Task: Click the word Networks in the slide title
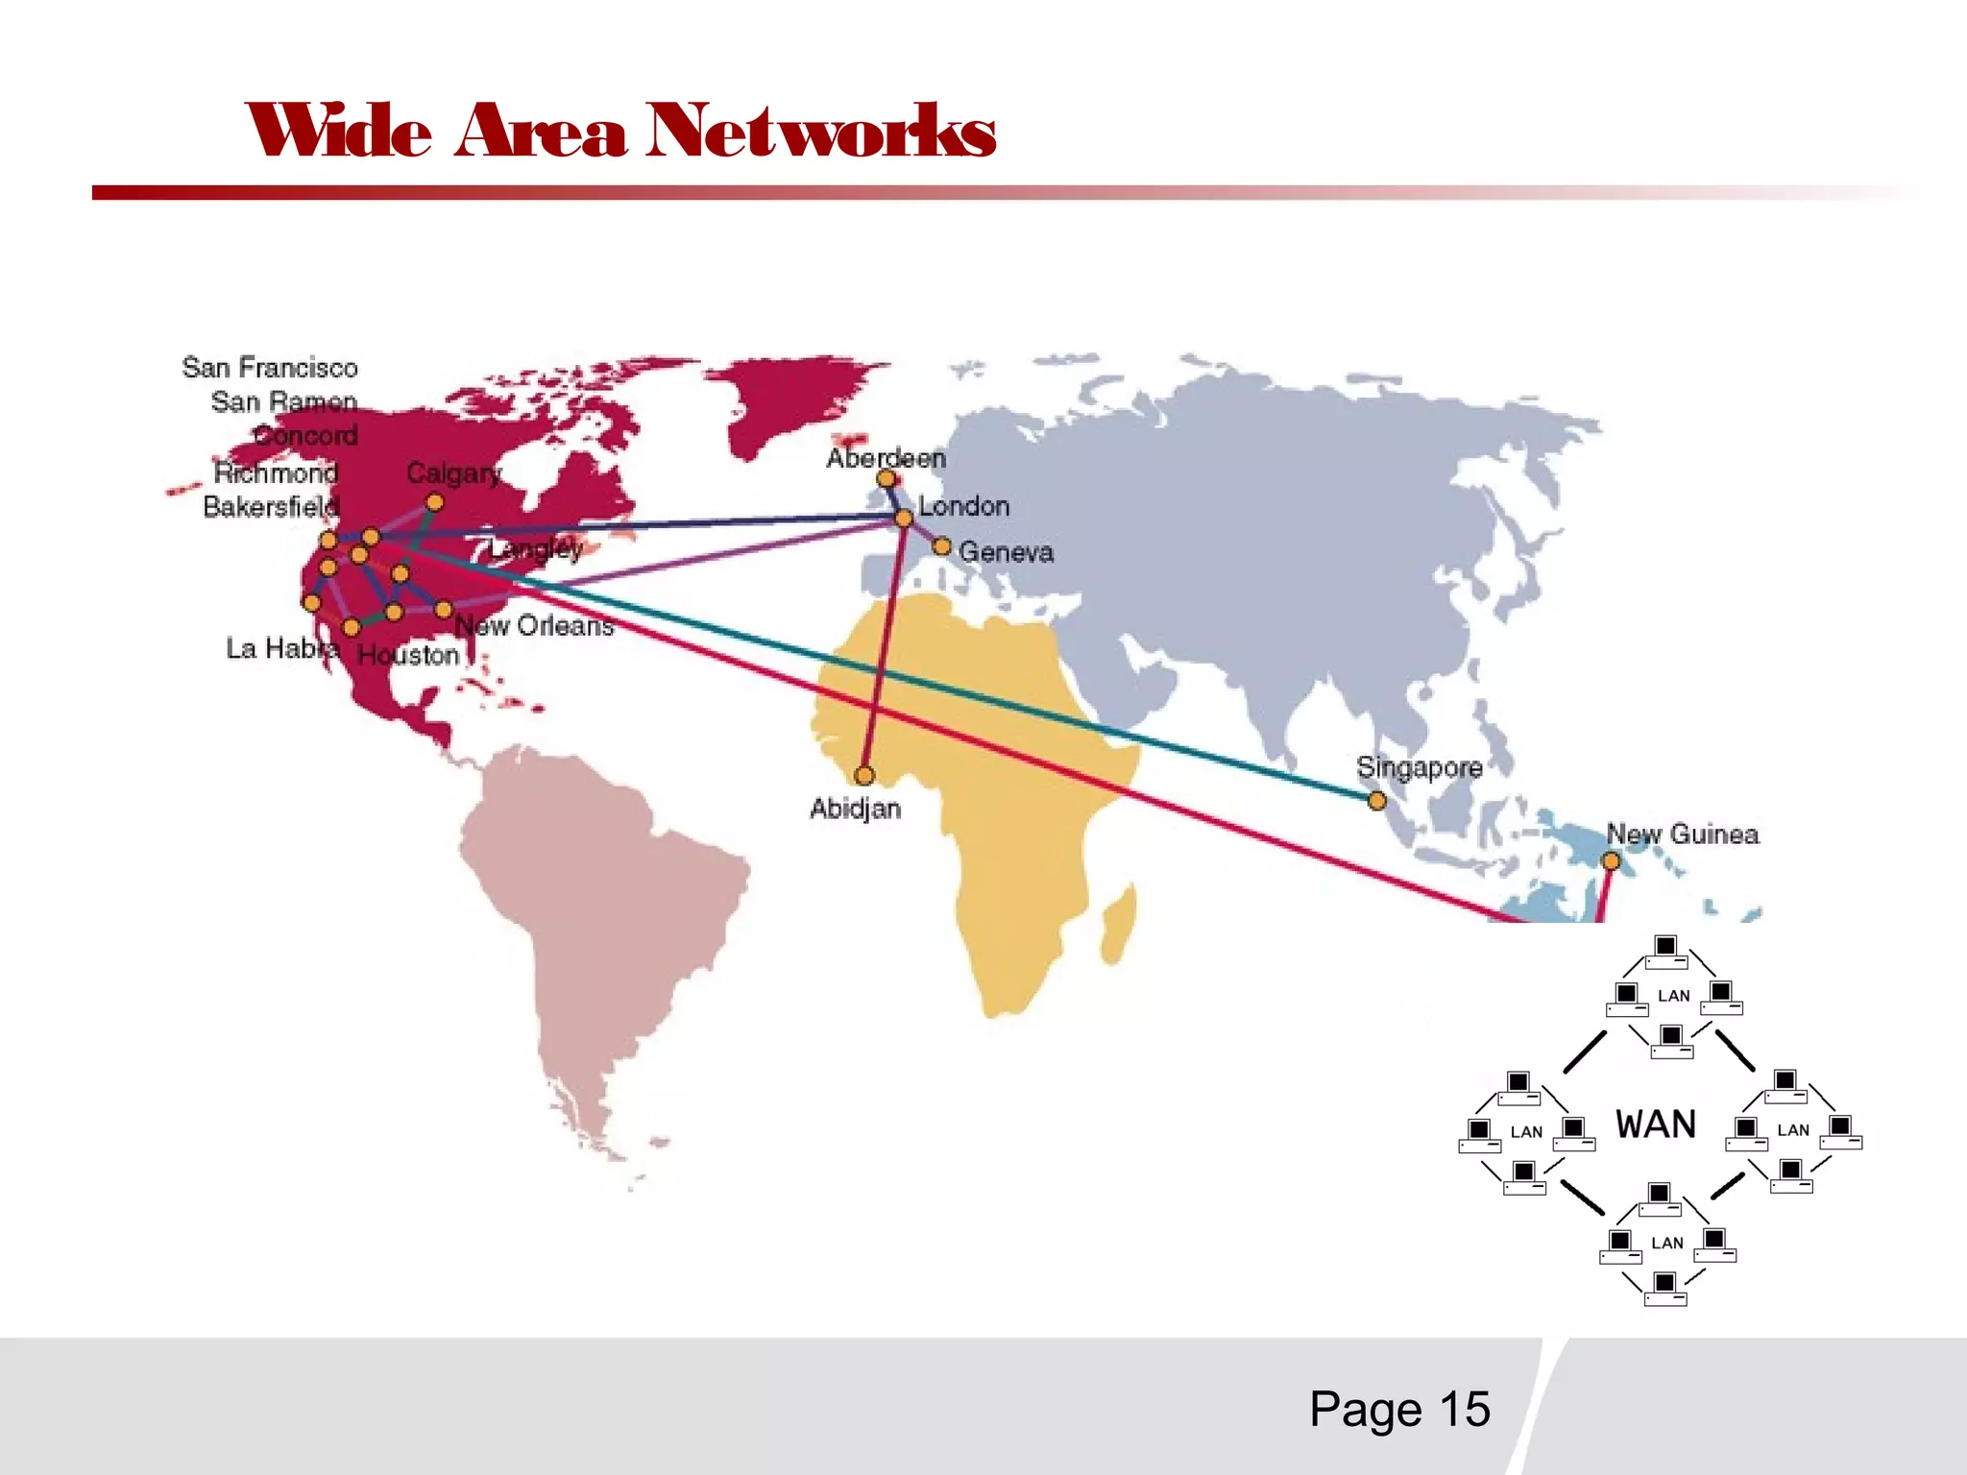point(821,132)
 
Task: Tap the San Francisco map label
point(270,368)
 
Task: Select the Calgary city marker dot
point(435,502)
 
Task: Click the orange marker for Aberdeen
point(886,478)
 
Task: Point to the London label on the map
point(963,506)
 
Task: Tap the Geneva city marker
point(942,546)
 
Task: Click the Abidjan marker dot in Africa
point(864,775)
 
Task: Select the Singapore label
point(1419,767)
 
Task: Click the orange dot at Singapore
point(1376,801)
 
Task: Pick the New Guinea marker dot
point(1612,861)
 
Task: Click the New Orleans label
point(534,626)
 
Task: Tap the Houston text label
point(408,655)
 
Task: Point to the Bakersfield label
point(271,506)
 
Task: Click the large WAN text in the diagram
point(1656,1124)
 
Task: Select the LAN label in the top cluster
point(1674,996)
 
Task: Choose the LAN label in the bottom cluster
point(1667,1243)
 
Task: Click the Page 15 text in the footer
point(1399,1410)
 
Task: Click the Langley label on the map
point(536,549)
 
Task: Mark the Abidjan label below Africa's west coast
point(855,809)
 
